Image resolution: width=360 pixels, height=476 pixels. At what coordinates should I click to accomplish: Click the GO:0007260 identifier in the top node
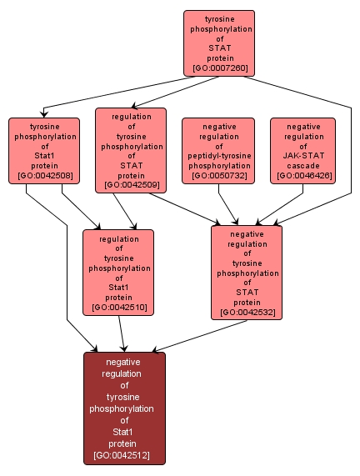click(219, 68)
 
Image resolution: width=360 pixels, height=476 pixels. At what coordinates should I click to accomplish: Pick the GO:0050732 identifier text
click(218, 176)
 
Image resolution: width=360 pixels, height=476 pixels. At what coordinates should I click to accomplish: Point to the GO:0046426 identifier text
click(302, 176)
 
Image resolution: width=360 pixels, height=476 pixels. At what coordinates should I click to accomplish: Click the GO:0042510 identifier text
click(117, 308)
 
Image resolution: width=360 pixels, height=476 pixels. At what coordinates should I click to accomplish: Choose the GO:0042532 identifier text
click(247, 313)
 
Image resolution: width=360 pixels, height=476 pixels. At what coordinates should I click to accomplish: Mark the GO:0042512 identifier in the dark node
click(124, 456)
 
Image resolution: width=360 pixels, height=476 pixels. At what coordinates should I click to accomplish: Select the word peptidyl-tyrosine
click(218, 155)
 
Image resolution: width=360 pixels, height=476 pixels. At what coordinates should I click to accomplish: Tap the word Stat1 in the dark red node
click(124, 432)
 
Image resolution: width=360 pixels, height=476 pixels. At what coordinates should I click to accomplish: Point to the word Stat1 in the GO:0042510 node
click(117, 286)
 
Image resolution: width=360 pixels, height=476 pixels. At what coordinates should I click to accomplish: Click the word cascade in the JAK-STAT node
click(302, 166)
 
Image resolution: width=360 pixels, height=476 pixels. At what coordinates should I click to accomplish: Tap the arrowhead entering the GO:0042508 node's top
click(44, 114)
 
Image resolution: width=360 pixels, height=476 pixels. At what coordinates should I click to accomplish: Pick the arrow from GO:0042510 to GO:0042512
click(122, 333)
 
